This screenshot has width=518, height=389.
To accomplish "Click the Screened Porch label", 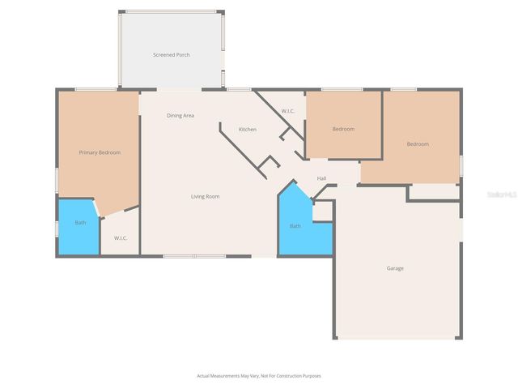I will [x=171, y=55].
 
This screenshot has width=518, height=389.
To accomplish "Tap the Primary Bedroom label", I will [x=100, y=152].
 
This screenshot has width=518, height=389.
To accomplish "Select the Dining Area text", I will [x=180, y=116].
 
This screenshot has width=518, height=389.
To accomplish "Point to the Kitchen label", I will [x=248, y=130].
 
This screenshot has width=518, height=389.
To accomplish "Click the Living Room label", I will [x=205, y=196].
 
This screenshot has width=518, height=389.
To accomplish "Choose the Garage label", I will [x=395, y=268].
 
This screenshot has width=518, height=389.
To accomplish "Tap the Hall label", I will [x=321, y=178].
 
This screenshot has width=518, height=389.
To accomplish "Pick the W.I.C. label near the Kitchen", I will [x=288, y=110].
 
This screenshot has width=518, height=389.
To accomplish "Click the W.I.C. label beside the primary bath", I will [x=121, y=238].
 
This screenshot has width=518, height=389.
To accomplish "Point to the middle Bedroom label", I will [x=343, y=129].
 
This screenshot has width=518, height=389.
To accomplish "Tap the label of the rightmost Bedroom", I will [x=418, y=144].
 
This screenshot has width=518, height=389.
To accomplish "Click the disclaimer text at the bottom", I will [x=259, y=375].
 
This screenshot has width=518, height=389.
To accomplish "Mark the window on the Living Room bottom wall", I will [x=194, y=256].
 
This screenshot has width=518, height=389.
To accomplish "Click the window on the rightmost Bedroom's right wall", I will [x=461, y=165].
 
